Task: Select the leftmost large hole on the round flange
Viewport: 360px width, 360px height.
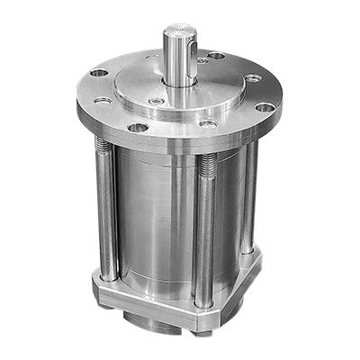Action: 100,73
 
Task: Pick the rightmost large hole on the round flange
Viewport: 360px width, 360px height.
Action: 263,107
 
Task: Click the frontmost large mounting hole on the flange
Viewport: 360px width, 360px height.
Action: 138,128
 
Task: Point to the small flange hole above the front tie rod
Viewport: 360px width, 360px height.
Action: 208,123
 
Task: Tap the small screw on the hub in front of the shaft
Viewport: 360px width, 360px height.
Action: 159,103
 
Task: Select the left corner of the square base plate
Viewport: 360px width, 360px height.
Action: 96,288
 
